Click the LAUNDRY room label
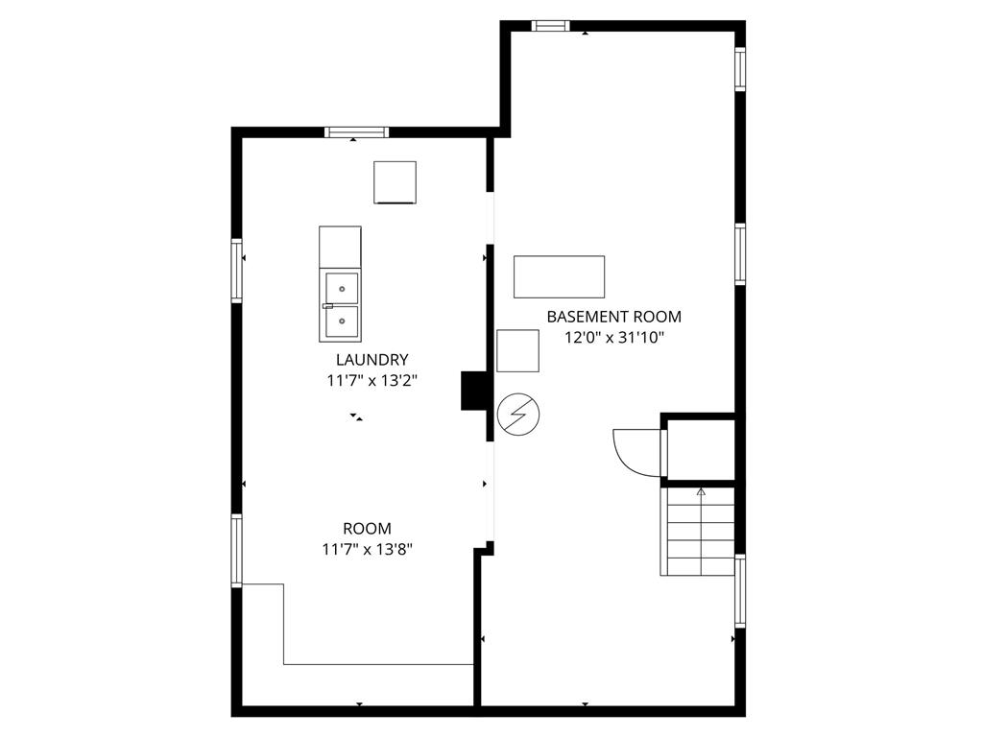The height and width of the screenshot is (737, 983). [x=372, y=360]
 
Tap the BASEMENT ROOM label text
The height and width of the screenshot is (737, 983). [x=613, y=317]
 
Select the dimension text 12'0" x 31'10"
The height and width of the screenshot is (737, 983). [x=613, y=338]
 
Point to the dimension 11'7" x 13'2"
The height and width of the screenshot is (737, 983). [x=372, y=380]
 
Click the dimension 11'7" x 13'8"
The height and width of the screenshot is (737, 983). [x=368, y=550]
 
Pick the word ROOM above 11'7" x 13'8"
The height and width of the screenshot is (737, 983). [x=368, y=529]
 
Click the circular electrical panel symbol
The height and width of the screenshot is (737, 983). [x=518, y=415]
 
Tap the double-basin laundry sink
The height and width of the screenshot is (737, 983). [x=341, y=304]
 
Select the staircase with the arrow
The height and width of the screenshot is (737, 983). [x=698, y=532]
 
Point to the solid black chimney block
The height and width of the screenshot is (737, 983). [x=474, y=392]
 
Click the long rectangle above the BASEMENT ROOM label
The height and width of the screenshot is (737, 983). [x=560, y=276]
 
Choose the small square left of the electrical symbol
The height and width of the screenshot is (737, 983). [x=517, y=351]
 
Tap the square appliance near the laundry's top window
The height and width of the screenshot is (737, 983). [x=395, y=182]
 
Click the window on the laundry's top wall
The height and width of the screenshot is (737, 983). [x=357, y=132]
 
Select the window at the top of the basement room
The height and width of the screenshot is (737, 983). [x=550, y=26]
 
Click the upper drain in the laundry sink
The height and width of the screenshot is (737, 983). [x=343, y=289]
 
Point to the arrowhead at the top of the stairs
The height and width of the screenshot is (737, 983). [x=701, y=492]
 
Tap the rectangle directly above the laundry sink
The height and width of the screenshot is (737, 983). [x=341, y=247]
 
